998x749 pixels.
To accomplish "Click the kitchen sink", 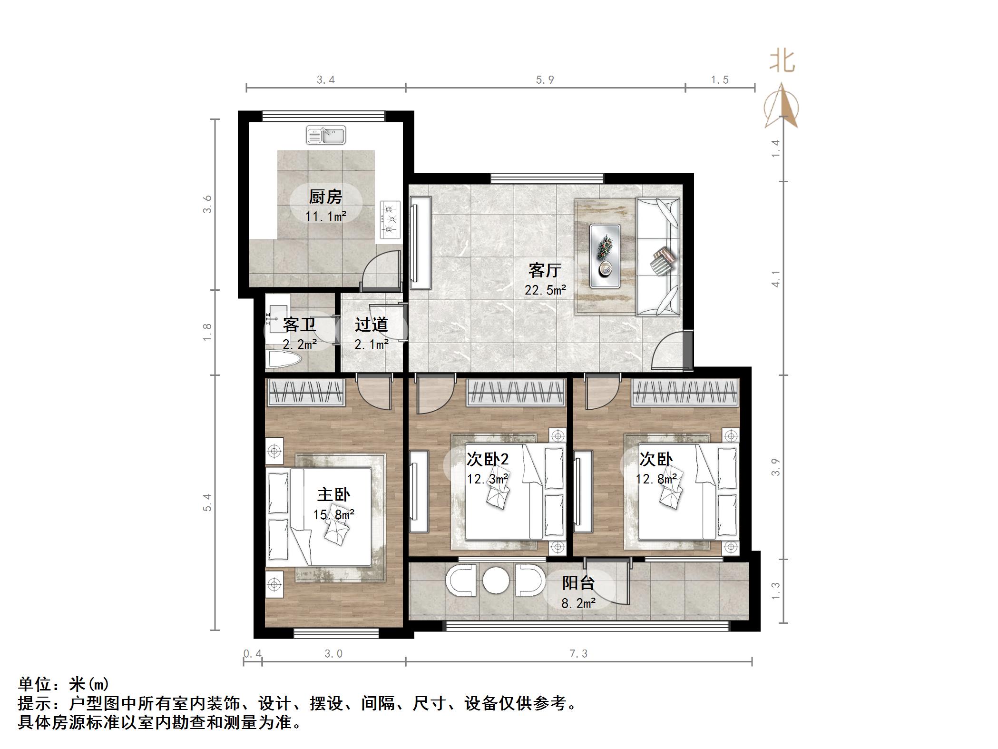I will [x=326, y=135].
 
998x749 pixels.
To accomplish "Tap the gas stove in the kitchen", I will [x=391, y=219].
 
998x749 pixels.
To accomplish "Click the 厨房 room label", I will [x=325, y=197].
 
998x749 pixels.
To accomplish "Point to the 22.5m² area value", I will [x=545, y=290].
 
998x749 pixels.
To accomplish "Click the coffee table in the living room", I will [x=605, y=256].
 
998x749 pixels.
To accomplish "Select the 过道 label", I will [x=371, y=325].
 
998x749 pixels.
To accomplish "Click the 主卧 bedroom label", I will [x=333, y=494].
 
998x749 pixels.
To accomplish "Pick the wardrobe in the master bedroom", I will [x=306, y=393].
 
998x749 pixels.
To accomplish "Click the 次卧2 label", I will [x=488, y=459].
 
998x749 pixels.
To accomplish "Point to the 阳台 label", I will [x=578, y=583].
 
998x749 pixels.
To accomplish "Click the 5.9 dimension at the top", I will [x=545, y=80].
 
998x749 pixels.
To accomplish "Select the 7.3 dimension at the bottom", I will [x=578, y=654].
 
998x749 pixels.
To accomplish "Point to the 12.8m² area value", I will [x=656, y=479].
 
